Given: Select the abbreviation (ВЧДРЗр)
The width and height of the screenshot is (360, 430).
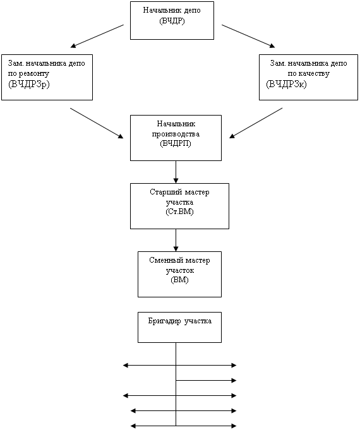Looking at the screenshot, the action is (x=29, y=84).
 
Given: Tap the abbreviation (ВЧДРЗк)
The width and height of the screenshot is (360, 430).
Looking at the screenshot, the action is (x=286, y=84).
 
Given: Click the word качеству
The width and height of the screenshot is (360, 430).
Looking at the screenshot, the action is (x=313, y=73).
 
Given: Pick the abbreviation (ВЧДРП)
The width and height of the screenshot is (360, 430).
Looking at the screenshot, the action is (x=176, y=144).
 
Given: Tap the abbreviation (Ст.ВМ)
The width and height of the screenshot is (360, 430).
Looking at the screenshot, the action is (x=179, y=212).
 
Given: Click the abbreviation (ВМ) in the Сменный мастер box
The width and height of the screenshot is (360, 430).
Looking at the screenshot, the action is (x=179, y=280).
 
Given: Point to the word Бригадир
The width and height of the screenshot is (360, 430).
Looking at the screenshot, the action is (x=164, y=321).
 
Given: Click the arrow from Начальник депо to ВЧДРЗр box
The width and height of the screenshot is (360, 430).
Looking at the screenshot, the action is (x=97, y=36).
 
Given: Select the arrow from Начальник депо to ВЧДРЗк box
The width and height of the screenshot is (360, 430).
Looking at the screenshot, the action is (x=248, y=36).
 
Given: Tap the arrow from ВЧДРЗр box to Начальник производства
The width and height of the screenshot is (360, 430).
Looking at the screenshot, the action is (x=97, y=123).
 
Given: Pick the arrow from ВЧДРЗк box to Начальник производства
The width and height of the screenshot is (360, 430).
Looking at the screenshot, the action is (x=256, y=123).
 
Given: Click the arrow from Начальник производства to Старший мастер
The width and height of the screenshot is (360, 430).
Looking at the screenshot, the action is (x=176, y=172).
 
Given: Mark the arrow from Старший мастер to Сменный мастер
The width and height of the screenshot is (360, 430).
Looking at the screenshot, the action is (x=176, y=241).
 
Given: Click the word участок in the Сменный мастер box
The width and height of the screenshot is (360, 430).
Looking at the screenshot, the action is (x=180, y=271).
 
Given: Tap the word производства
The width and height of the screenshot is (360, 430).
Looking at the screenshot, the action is (x=176, y=134).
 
